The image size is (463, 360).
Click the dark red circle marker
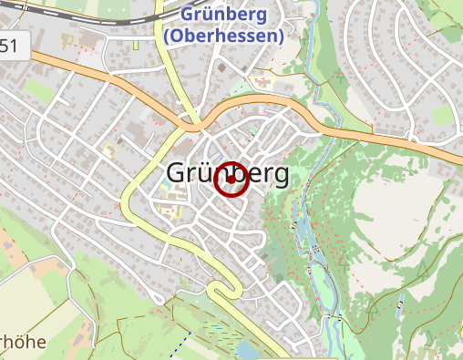click(231, 179)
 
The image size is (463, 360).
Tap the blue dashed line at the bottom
click(184, 345)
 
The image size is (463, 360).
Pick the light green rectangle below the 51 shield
click(38, 89)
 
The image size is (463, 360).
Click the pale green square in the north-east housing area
click(442, 115)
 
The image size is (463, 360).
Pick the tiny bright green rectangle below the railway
click(136, 45)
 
